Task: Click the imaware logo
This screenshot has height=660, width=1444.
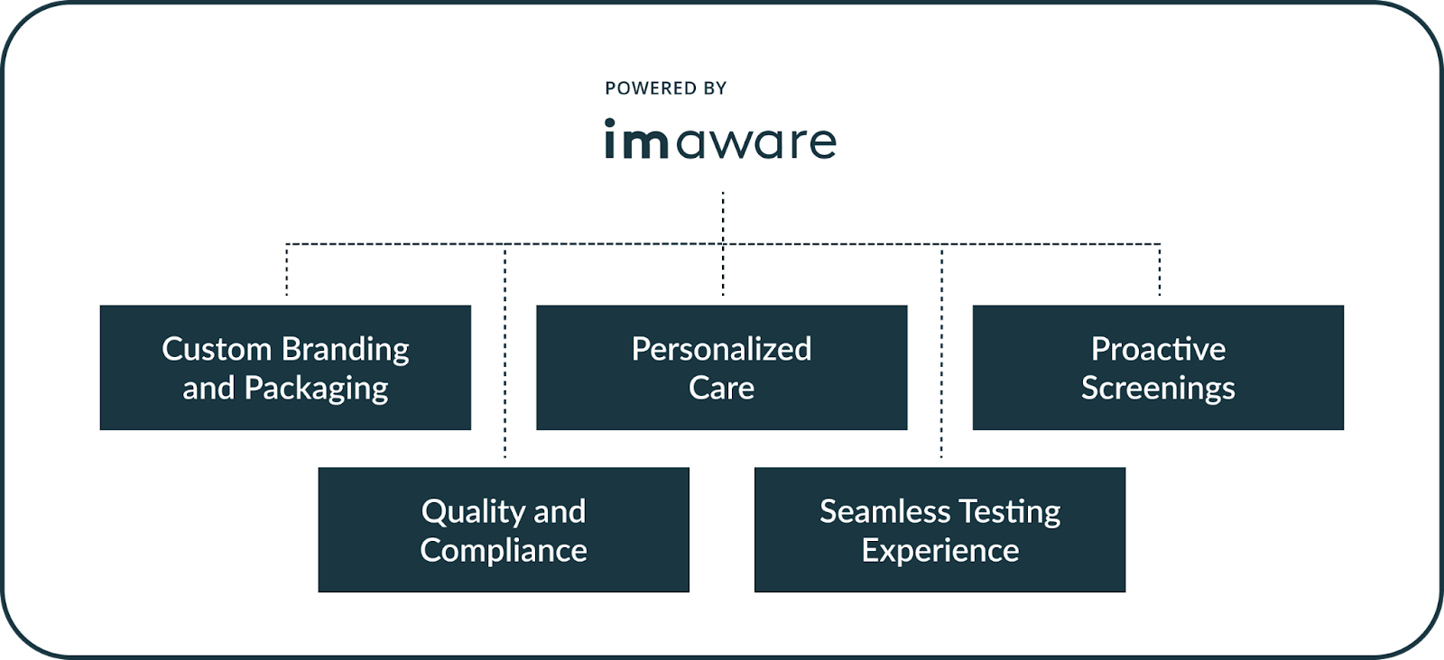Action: [x=720, y=141]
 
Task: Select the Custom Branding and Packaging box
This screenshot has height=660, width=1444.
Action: [x=285, y=367]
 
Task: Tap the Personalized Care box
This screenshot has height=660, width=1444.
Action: [x=721, y=367]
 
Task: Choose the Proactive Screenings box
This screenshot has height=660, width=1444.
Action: [x=1158, y=367]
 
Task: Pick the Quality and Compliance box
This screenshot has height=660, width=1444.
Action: [x=504, y=529]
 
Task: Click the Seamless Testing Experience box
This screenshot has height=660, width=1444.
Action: [x=940, y=529]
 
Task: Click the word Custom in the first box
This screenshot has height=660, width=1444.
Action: [x=217, y=349]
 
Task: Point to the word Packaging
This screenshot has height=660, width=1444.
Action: [x=316, y=389]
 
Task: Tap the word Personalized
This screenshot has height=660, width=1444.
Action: [x=721, y=349]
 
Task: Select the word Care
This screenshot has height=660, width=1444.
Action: [x=721, y=389]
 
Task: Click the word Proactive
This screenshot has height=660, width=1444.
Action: [x=1158, y=349]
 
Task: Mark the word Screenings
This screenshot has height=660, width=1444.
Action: [x=1158, y=389]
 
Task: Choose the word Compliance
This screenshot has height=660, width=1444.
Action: [x=504, y=551]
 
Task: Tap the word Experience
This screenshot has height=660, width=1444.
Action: [x=940, y=551]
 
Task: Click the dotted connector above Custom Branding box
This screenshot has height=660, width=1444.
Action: [x=287, y=270]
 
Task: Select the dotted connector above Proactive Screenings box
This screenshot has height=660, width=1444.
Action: [x=1160, y=270]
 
